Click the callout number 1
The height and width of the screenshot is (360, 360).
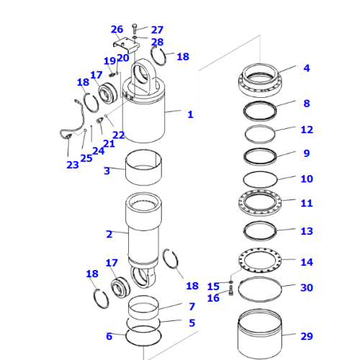pyautogui.click(x=190, y=114)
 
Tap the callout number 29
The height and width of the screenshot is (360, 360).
pyautogui.click(x=307, y=336)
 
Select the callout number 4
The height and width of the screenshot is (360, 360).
pyautogui.click(x=306, y=69)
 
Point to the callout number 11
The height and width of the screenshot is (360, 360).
pyautogui.click(x=307, y=204)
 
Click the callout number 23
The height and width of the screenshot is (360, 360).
pyautogui.click(x=72, y=164)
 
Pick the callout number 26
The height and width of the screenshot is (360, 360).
pyautogui.click(x=117, y=30)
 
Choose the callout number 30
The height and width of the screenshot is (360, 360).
pyautogui.click(x=307, y=288)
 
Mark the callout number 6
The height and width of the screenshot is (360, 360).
pyautogui.click(x=109, y=336)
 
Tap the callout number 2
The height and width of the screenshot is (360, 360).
pyautogui.click(x=109, y=234)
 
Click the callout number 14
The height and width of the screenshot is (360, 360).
pyautogui.click(x=307, y=262)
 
